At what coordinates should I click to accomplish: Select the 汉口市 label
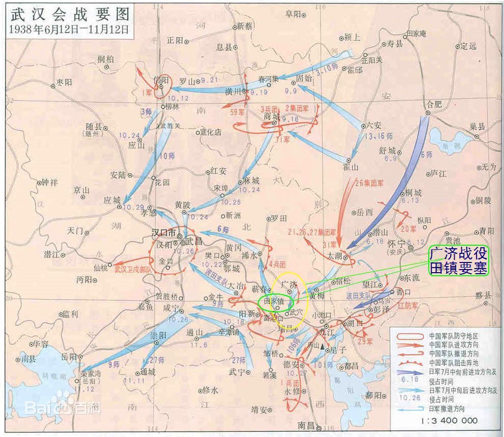coord(164,232)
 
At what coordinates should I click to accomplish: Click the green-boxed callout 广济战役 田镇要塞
coord(458,260)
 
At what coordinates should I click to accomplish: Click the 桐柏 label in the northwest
coord(106,59)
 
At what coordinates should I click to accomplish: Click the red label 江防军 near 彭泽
coord(407,306)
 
